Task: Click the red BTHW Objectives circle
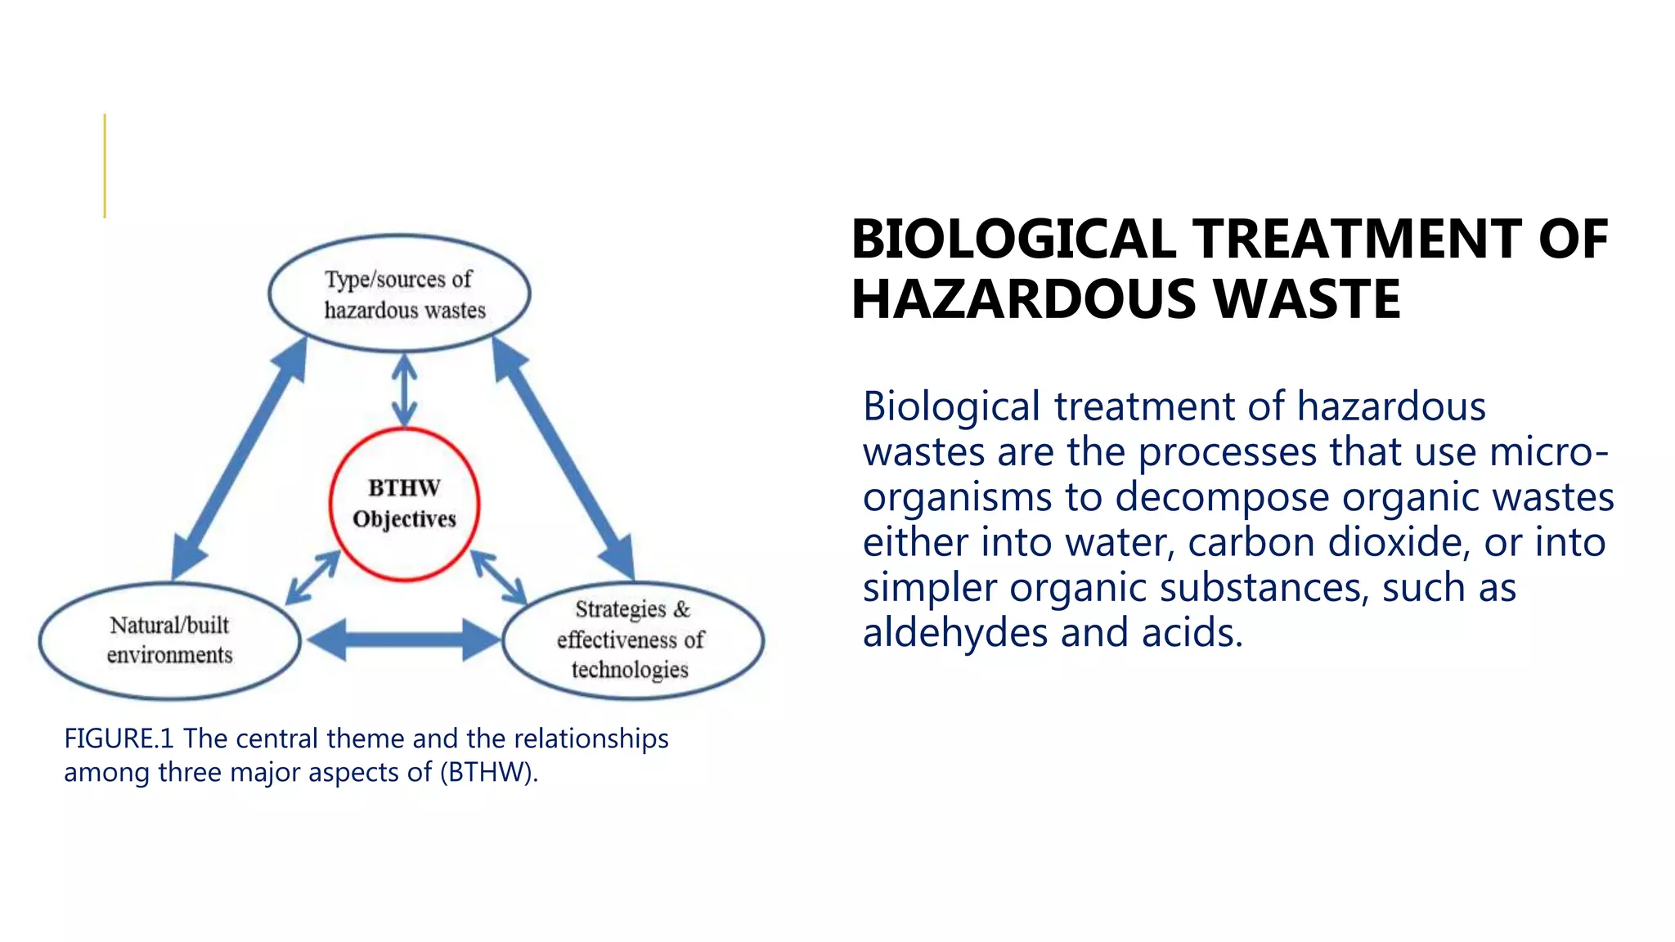click(x=404, y=504)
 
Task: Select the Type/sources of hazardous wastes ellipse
click(x=399, y=294)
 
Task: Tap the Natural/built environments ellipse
click(x=169, y=640)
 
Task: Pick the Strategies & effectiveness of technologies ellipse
click(x=632, y=639)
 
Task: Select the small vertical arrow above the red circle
click(x=404, y=391)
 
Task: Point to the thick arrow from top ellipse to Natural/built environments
click(x=240, y=458)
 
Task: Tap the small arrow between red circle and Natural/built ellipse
click(x=312, y=577)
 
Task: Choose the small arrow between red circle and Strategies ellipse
click(x=498, y=576)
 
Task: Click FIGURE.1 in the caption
click(x=119, y=738)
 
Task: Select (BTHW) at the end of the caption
click(x=488, y=772)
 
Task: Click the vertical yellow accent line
click(x=105, y=166)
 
